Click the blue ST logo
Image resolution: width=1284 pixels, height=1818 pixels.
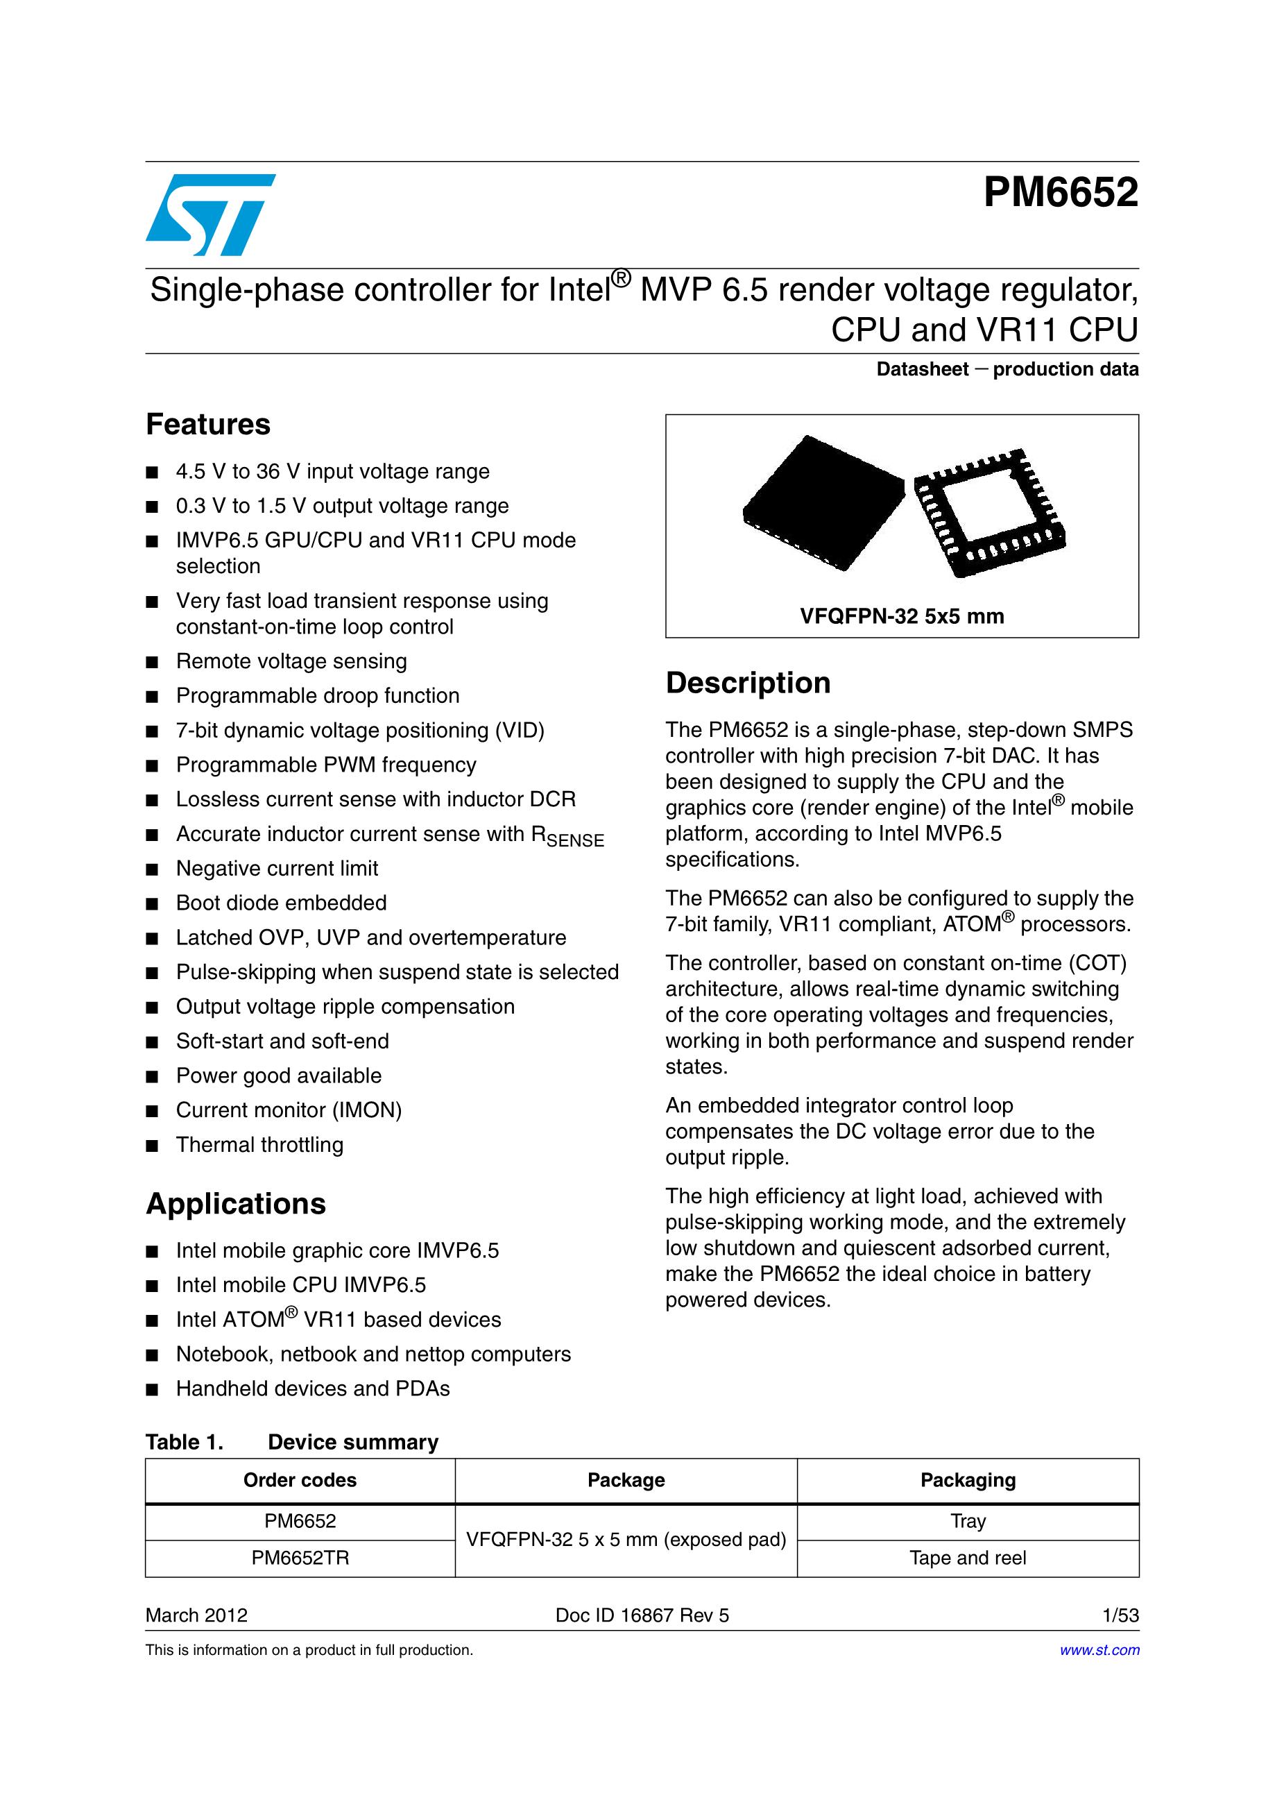pos(209,214)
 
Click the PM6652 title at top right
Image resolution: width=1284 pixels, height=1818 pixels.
pos(1060,192)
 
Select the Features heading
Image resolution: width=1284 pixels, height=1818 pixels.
pos(208,425)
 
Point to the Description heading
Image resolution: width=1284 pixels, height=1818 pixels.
pos(748,683)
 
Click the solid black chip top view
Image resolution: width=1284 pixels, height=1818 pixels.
pos(823,502)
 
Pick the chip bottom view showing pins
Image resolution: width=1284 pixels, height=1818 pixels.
pos(989,512)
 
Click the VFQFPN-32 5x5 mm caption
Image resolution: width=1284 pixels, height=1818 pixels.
pos(902,616)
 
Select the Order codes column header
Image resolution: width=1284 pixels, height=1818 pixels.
pos(300,1480)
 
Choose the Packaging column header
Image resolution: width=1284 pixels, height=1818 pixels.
pos(968,1480)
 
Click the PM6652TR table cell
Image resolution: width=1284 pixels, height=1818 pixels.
pos(300,1558)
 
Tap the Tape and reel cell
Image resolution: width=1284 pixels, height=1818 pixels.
pos(968,1558)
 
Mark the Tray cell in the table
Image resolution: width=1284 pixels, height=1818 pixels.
pos(968,1521)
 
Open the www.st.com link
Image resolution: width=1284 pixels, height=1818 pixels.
pos(1099,1650)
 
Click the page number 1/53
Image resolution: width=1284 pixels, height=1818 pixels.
pos(1120,1615)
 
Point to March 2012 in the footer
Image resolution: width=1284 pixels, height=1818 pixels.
pos(196,1615)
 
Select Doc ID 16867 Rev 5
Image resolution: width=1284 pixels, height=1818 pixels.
pos(642,1615)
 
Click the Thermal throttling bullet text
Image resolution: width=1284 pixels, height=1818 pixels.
pos(259,1145)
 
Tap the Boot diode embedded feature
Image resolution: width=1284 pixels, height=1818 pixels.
pos(281,903)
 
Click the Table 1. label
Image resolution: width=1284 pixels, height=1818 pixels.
pos(185,1442)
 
